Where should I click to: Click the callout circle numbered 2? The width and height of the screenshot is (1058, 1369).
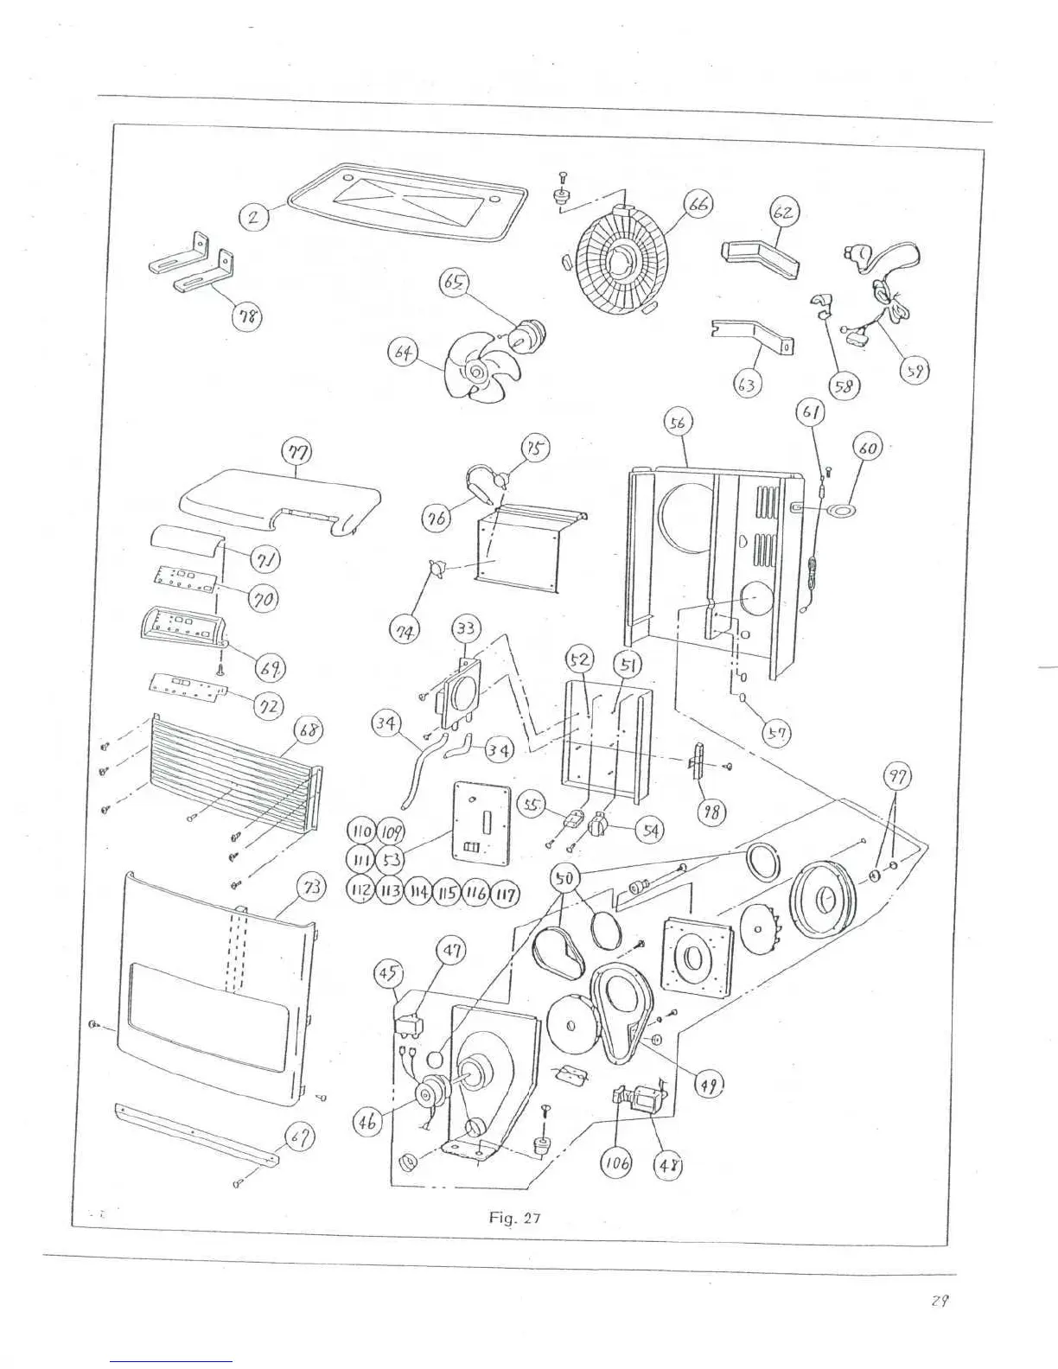(x=254, y=217)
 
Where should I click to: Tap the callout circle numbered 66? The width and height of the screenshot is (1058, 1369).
(x=698, y=206)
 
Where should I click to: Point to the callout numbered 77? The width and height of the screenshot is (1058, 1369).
(x=297, y=450)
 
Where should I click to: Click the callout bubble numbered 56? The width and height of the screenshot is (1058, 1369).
(x=678, y=423)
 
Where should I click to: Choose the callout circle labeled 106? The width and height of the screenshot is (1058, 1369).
(x=615, y=1163)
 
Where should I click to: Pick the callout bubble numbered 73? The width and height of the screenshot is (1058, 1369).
(x=309, y=887)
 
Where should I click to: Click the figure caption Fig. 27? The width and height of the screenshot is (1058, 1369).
(x=514, y=1219)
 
